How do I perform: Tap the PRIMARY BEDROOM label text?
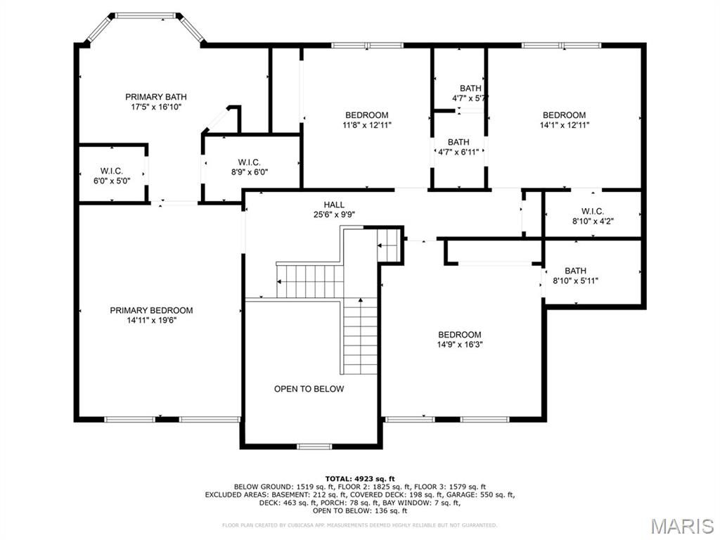coord(151,310)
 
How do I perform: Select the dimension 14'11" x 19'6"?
coord(151,321)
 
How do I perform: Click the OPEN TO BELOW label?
coord(309,389)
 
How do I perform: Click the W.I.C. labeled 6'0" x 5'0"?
coord(112,171)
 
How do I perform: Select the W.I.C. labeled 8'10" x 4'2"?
coord(593,211)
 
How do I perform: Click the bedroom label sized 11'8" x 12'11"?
coord(366,115)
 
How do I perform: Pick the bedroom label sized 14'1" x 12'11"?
coord(564,115)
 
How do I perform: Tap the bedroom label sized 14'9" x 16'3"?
coord(460,335)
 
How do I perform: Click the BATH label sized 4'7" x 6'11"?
coord(458,142)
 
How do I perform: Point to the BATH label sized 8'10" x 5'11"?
coord(575,271)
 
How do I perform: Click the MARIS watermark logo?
coord(681,525)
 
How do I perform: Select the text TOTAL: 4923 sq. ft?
coord(359,478)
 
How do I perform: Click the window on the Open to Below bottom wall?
coord(314,446)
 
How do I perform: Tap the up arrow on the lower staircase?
coord(361,302)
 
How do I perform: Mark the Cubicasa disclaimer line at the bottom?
coord(359,525)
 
